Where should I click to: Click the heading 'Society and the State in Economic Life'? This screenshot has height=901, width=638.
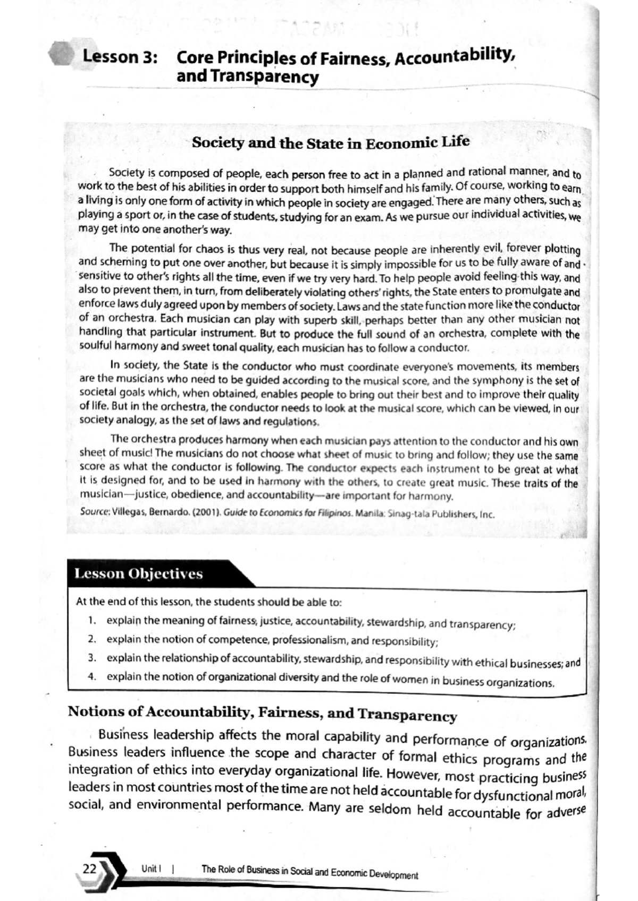coord(330,143)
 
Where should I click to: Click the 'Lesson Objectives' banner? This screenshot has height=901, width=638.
coord(139,574)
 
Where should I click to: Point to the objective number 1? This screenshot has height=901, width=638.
coord(91,620)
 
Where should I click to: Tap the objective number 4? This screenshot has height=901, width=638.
coord(91,676)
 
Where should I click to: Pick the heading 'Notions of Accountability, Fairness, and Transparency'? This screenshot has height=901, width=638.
coord(262,713)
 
